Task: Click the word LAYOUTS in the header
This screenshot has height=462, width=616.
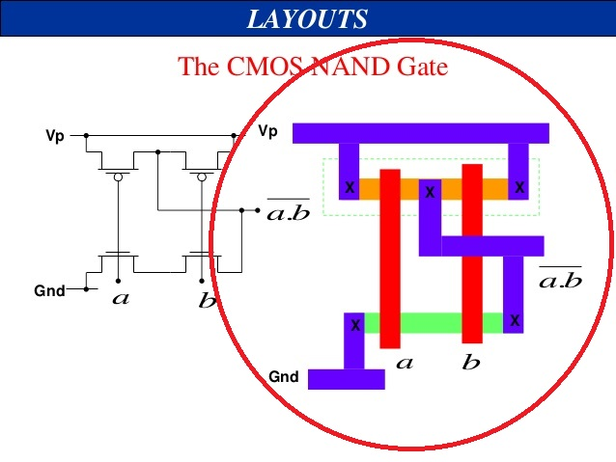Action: pyautogui.click(x=307, y=18)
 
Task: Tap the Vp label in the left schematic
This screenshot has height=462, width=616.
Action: pyautogui.click(x=55, y=136)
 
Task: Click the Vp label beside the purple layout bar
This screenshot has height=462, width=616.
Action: pyautogui.click(x=267, y=131)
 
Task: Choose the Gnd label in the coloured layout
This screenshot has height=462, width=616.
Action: pyautogui.click(x=283, y=377)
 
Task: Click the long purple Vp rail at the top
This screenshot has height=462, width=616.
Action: pyautogui.click(x=420, y=133)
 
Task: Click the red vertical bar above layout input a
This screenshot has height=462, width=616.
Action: pyautogui.click(x=390, y=258)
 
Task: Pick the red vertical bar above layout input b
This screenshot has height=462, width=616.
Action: pyautogui.click(x=472, y=253)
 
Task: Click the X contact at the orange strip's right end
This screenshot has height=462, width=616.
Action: pyautogui.click(x=519, y=187)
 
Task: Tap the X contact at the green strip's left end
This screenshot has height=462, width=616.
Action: pyautogui.click(x=354, y=325)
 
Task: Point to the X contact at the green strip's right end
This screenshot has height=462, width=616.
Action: pyautogui.click(x=514, y=321)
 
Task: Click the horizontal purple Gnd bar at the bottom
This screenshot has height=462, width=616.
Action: pyautogui.click(x=346, y=379)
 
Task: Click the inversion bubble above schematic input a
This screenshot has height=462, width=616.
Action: pyautogui.click(x=119, y=177)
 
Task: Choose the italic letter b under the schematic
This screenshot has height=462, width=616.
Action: pyautogui.click(x=207, y=300)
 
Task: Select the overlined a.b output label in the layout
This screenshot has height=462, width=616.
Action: pyautogui.click(x=559, y=281)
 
